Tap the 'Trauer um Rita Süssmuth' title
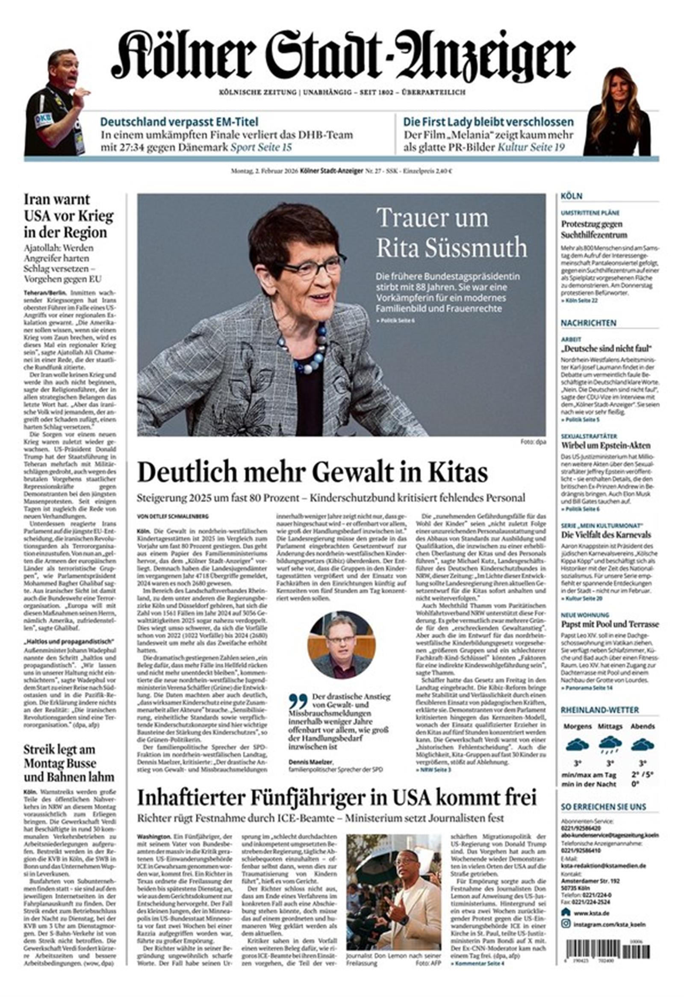pos(451,232)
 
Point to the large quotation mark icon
pos(298,702)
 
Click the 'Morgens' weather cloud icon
pos(577,744)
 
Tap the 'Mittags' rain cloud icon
pos(610,744)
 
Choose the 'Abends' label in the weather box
pos(643,726)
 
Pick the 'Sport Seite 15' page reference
pos(261,147)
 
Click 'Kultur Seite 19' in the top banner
pos(531,147)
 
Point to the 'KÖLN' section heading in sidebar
pos(571,196)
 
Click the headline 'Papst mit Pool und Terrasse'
pos(610,624)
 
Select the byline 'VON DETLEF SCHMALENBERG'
pos(173,516)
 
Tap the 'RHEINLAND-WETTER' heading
pos(599,710)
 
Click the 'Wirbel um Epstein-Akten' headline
pos(605,445)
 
